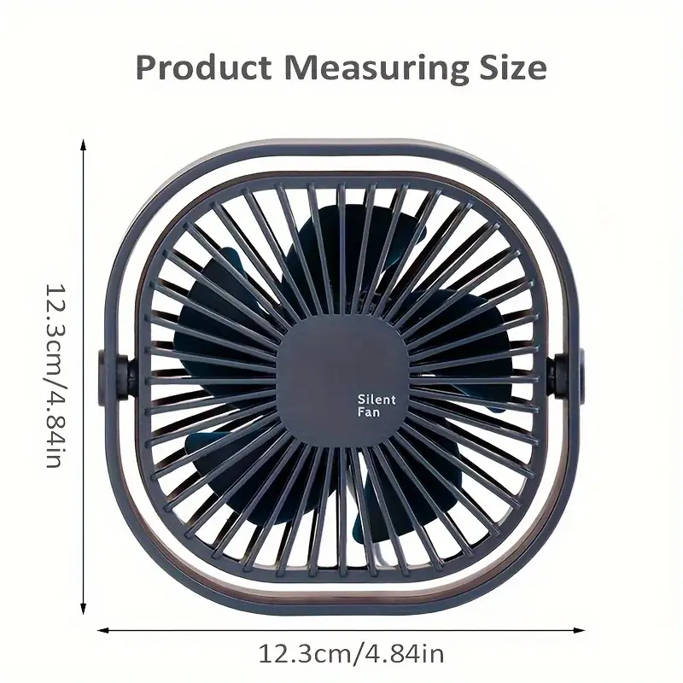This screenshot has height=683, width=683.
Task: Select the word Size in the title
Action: click(513, 67)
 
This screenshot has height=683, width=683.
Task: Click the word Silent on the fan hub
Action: click(377, 400)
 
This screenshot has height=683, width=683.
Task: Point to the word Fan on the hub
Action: click(369, 412)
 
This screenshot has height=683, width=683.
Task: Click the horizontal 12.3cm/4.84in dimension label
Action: click(352, 653)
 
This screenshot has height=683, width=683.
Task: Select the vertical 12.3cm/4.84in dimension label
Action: click(56, 376)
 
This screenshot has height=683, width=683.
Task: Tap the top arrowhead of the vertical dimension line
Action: click(83, 144)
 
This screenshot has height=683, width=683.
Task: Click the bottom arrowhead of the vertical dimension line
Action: click(83, 609)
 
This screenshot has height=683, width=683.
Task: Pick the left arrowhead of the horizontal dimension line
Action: click(102, 630)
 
